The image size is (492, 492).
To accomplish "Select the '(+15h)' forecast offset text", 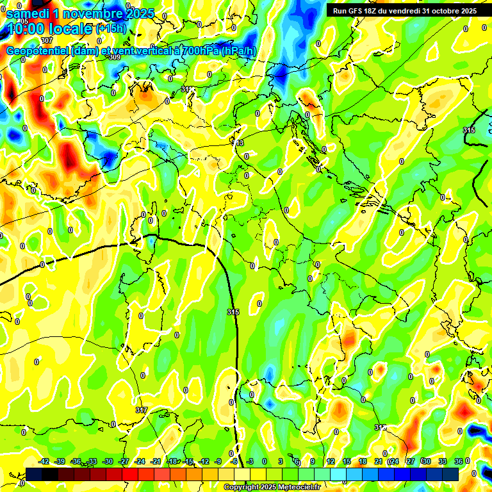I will coord(111,29).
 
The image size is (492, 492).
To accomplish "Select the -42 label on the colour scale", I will coord(44,461).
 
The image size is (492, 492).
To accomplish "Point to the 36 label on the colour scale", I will coord(458,461).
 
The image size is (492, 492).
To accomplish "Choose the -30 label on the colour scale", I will coord(108,461).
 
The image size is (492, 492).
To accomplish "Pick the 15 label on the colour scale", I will coord(347,461).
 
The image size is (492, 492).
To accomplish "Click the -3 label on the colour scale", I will coord(250,461).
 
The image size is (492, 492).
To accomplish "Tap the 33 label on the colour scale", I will coord(442,461).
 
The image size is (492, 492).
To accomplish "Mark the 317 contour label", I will coord(141,410).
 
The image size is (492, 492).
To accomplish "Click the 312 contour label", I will coord(380,427).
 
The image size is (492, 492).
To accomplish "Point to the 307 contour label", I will coord(46,58).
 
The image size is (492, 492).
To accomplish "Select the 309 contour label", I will coord(115,57).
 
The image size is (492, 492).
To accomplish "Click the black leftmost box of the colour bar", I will coord(34,474).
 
